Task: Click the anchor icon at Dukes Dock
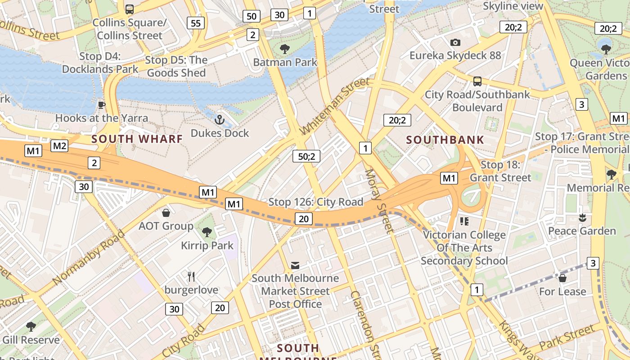point(220,120)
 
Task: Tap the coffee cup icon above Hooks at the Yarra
point(102,105)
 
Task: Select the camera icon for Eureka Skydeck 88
point(455,42)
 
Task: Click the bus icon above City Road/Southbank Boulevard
point(477,81)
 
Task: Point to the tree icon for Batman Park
point(285,49)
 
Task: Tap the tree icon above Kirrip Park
point(207,232)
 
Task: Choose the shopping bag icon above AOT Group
point(166,212)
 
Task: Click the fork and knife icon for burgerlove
point(191,276)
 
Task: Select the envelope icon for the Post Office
point(295,265)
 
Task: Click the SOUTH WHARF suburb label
point(137,139)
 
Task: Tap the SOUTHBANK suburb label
point(445,140)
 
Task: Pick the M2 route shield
point(59,146)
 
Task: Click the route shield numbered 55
point(196,23)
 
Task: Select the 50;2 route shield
point(306,156)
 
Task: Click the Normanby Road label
point(89,257)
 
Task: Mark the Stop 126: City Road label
point(315,202)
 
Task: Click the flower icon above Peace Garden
point(582,218)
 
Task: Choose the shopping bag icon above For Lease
point(562,278)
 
